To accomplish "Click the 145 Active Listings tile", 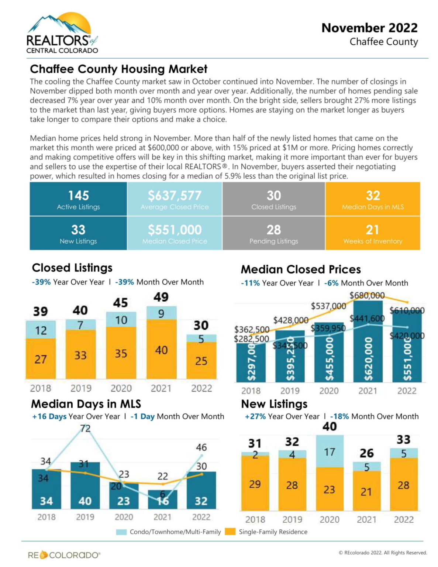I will (x=78, y=199).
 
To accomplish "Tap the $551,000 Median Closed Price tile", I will (x=175, y=233).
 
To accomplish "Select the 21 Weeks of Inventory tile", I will (x=373, y=233).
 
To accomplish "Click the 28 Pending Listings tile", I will (x=273, y=233).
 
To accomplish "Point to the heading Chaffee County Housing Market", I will (x=118, y=69).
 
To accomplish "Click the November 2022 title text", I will (x=369, y=28).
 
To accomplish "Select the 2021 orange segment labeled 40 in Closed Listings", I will (x=161, y=349).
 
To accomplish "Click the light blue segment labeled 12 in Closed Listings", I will (x=41, y=330).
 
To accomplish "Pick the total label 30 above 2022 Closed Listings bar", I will (x=201, y=325).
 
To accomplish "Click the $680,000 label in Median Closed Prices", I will (x=367, y=295).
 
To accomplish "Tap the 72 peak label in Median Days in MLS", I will (x=85, y=428).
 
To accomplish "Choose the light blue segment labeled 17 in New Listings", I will (x=330, y=451).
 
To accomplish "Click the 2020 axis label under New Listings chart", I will (x=330, y=519).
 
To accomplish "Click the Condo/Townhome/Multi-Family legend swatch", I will (x=121, y=532).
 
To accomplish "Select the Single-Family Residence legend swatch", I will (x=230, y=532).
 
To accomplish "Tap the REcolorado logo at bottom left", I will (x=64, y=555).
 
